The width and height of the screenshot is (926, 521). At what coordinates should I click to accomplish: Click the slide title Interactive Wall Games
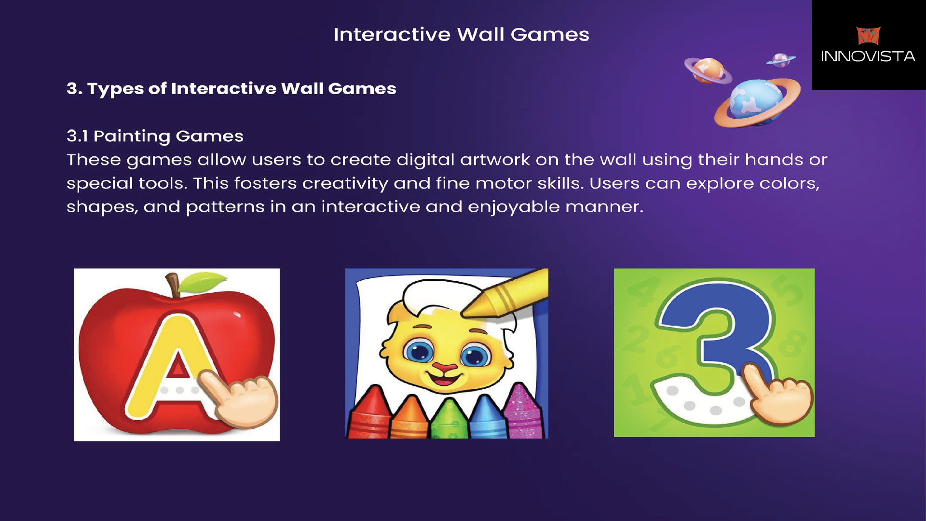461,35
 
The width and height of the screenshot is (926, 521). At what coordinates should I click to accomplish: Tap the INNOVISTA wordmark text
868,56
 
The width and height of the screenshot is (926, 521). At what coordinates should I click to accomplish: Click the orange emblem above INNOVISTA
868,36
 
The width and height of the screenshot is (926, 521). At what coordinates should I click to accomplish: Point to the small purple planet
781,60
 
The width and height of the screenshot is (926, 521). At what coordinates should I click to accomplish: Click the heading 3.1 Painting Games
155,137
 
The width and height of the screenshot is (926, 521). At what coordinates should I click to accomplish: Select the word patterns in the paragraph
225,207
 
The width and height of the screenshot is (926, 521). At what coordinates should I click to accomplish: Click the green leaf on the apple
203,282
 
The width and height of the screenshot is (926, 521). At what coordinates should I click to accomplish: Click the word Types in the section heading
115,89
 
